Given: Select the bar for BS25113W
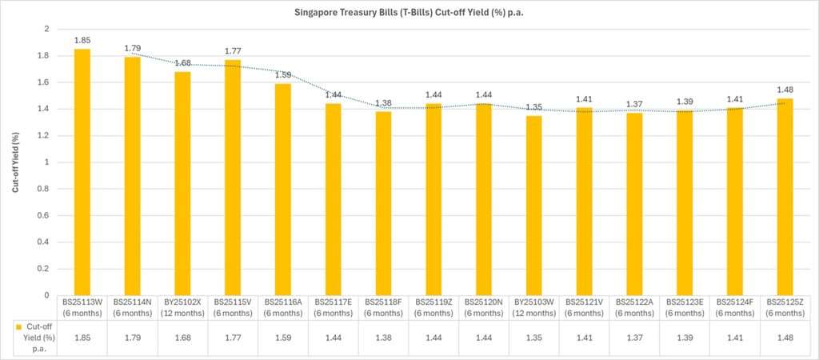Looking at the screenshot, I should [x=82, y=172].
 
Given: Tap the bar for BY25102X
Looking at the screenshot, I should [x=182, y=183].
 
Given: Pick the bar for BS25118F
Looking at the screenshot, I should [x=383, y=203].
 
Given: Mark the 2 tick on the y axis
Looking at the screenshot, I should [x=46, y=29].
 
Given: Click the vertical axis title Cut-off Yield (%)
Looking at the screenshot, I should [x=15, y=162].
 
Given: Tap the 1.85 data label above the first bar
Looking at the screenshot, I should [x=82, y=40].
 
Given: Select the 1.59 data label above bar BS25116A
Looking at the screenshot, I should [x=283, y=75].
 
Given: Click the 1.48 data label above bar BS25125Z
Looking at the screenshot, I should [x=784, y=90].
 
